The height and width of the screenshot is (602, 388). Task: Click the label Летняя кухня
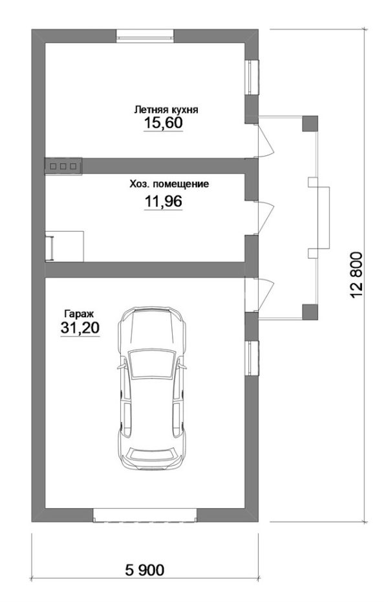click(x=166, y=110)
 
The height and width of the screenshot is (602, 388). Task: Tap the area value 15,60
click(x=163, y=123)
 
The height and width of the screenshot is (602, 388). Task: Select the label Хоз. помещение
click(x=169, y=184)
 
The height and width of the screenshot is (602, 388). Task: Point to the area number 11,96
click(x=163, y=201)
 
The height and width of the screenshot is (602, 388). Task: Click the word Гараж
click(x=79, y=313)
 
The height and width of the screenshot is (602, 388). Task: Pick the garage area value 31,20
click(x=80, y=328)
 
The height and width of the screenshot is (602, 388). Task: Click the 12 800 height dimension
click(x=356, y=275)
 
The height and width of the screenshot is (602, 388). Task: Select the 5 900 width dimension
click(x=145, y=570)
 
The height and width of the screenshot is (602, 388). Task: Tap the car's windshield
click(x=151, y=364)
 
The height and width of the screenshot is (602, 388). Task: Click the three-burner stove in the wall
click(x=63, y=166)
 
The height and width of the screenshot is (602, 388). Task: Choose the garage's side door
click(x=266, y=295)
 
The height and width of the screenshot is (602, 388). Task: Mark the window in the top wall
click(x=145, y=36)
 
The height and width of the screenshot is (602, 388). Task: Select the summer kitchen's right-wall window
click(x=252, y=77)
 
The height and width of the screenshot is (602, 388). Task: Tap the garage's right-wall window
click(x=252, y=358)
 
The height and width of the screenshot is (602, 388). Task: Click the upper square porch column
click(x=310, y=124)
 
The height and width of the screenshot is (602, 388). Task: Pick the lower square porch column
click(x=310, y=312)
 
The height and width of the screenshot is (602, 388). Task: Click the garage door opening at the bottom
click(x=145, y=515)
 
